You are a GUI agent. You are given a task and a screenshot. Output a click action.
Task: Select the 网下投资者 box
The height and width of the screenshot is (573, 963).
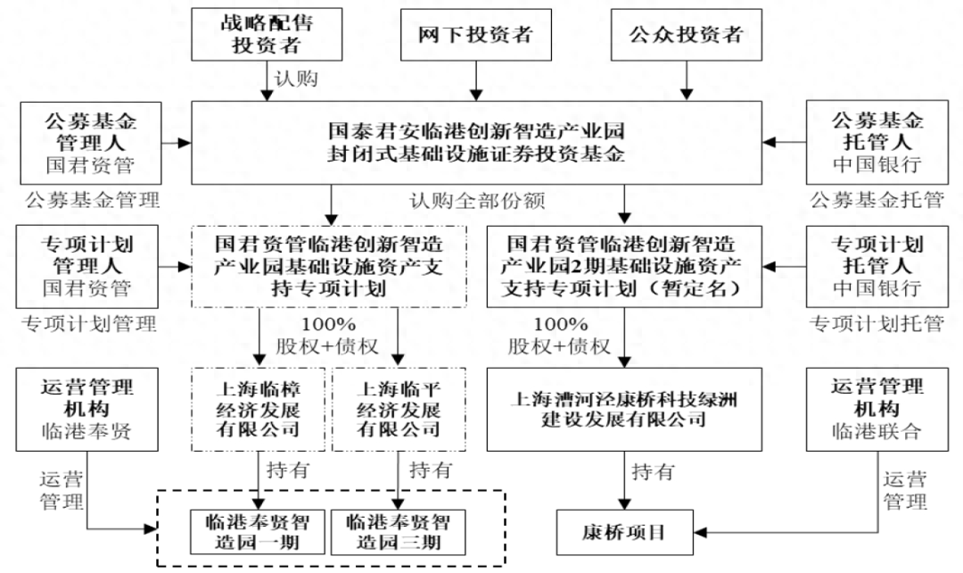[475, 35]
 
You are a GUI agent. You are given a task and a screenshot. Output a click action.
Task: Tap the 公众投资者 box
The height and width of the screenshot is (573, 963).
[686, 35]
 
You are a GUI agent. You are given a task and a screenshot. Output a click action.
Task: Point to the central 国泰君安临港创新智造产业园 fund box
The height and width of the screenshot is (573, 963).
[476, 142]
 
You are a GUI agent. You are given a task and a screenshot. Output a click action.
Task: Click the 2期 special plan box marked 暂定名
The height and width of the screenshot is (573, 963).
[623, 265]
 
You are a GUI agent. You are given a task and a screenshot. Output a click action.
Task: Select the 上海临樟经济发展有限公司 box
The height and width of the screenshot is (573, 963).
[259, 410]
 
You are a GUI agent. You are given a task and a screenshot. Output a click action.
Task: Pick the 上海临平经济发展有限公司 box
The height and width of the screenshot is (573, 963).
[398, 410]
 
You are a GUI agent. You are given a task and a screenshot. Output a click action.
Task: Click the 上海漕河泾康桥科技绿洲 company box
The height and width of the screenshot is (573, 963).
[623, 408]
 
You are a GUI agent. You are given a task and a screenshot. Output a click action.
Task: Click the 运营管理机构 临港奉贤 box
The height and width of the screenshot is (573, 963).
[87, 410]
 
